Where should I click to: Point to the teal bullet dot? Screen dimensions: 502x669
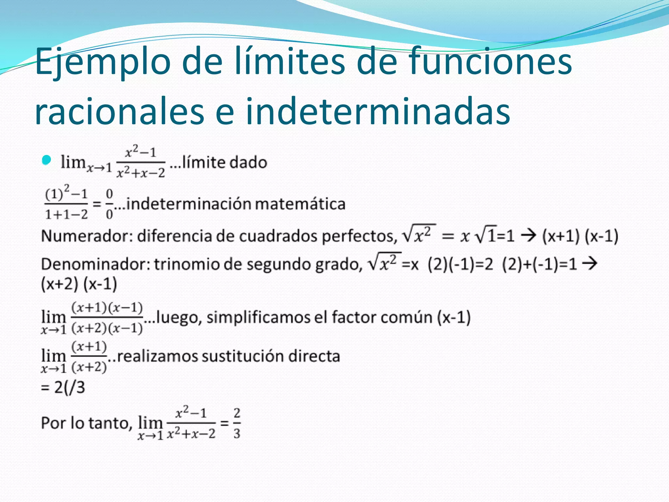pos(47,160)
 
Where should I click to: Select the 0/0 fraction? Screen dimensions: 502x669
pos(109,204)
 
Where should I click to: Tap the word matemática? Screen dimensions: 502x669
pos(300,204)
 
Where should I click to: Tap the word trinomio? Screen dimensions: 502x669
pos(187,264)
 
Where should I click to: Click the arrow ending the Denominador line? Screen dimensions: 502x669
pos(590,263)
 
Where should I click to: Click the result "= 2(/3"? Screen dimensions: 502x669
pos(63,388)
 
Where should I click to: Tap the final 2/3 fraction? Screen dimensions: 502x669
pos(237,423)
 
